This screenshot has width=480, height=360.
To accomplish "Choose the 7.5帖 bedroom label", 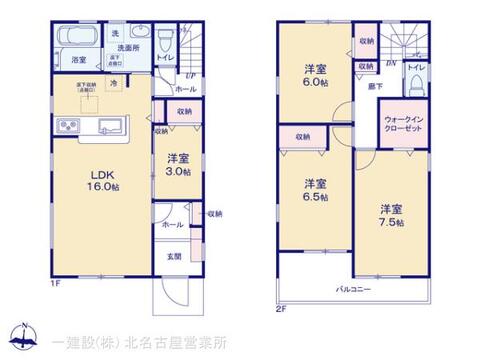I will coord(391,215).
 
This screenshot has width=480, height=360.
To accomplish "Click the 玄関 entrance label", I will coord(175,256).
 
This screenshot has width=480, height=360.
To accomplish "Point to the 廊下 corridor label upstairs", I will coord(373,89).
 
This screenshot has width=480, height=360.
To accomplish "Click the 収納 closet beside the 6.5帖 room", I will coord(304,136).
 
